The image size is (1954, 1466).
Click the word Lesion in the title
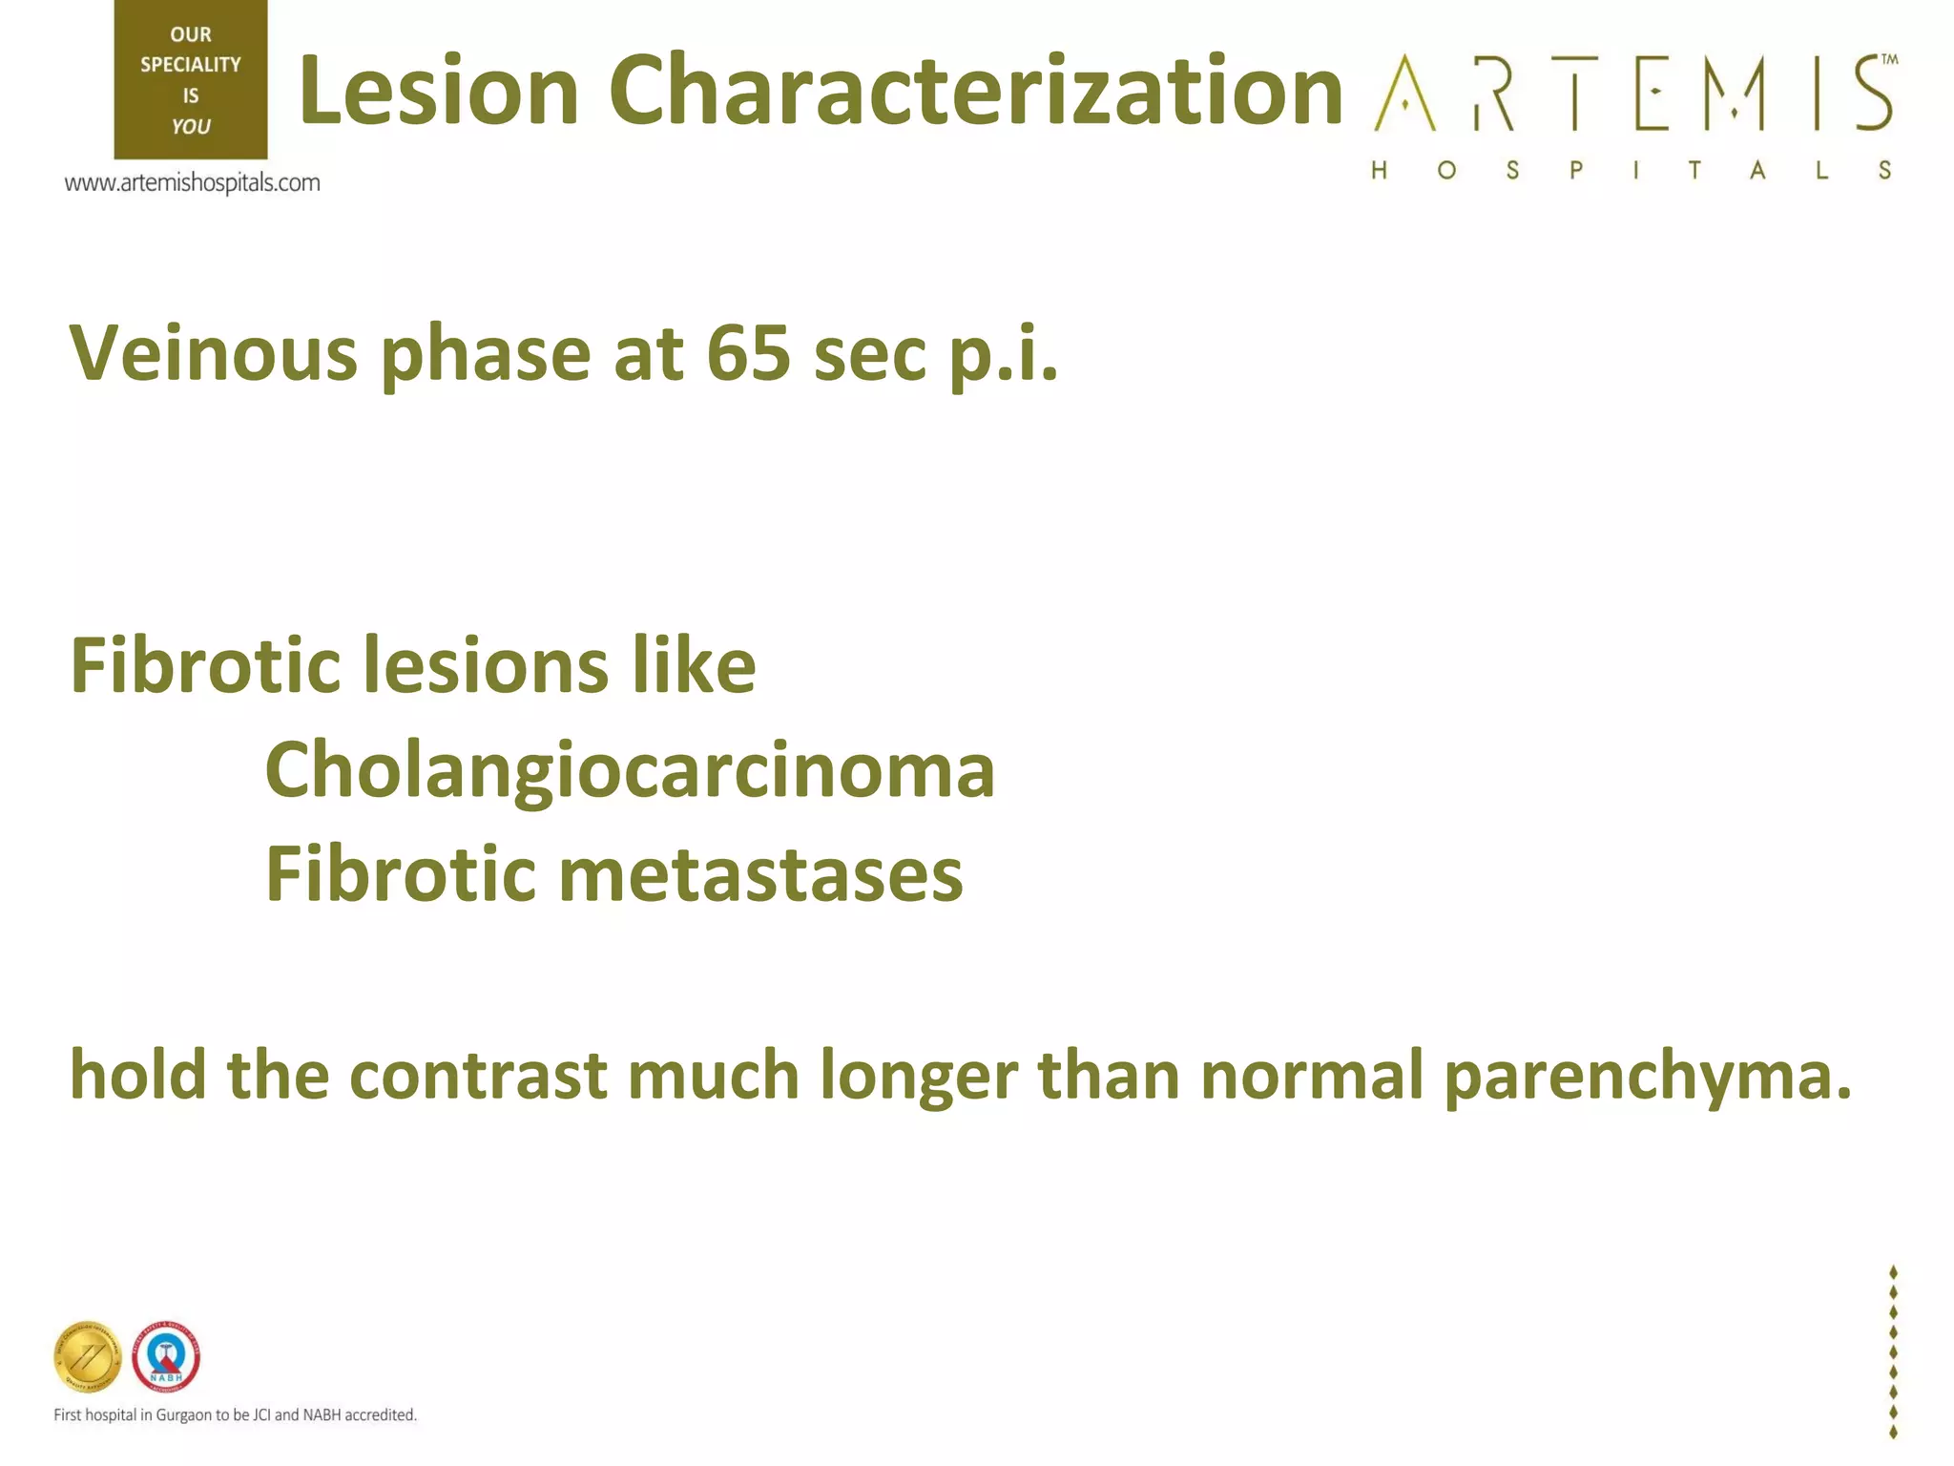(439, 91)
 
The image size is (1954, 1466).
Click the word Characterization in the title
(975, 91)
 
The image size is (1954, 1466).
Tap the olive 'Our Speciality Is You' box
(191, 80)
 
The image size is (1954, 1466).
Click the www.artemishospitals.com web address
(192, 182)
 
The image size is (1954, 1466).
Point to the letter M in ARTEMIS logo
(1735, 93)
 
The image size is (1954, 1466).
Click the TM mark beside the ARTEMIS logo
(1889, 59)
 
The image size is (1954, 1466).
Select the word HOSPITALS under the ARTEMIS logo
(1632, 171)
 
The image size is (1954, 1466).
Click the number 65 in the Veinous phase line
(748, 354)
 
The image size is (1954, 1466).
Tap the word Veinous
(213, 354)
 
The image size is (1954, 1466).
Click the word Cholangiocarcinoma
(630, 770)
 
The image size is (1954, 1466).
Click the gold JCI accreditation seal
(88, 1356)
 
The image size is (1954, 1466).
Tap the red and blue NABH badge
(166, 1356)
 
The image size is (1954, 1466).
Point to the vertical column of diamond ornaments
(1893, 1351)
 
